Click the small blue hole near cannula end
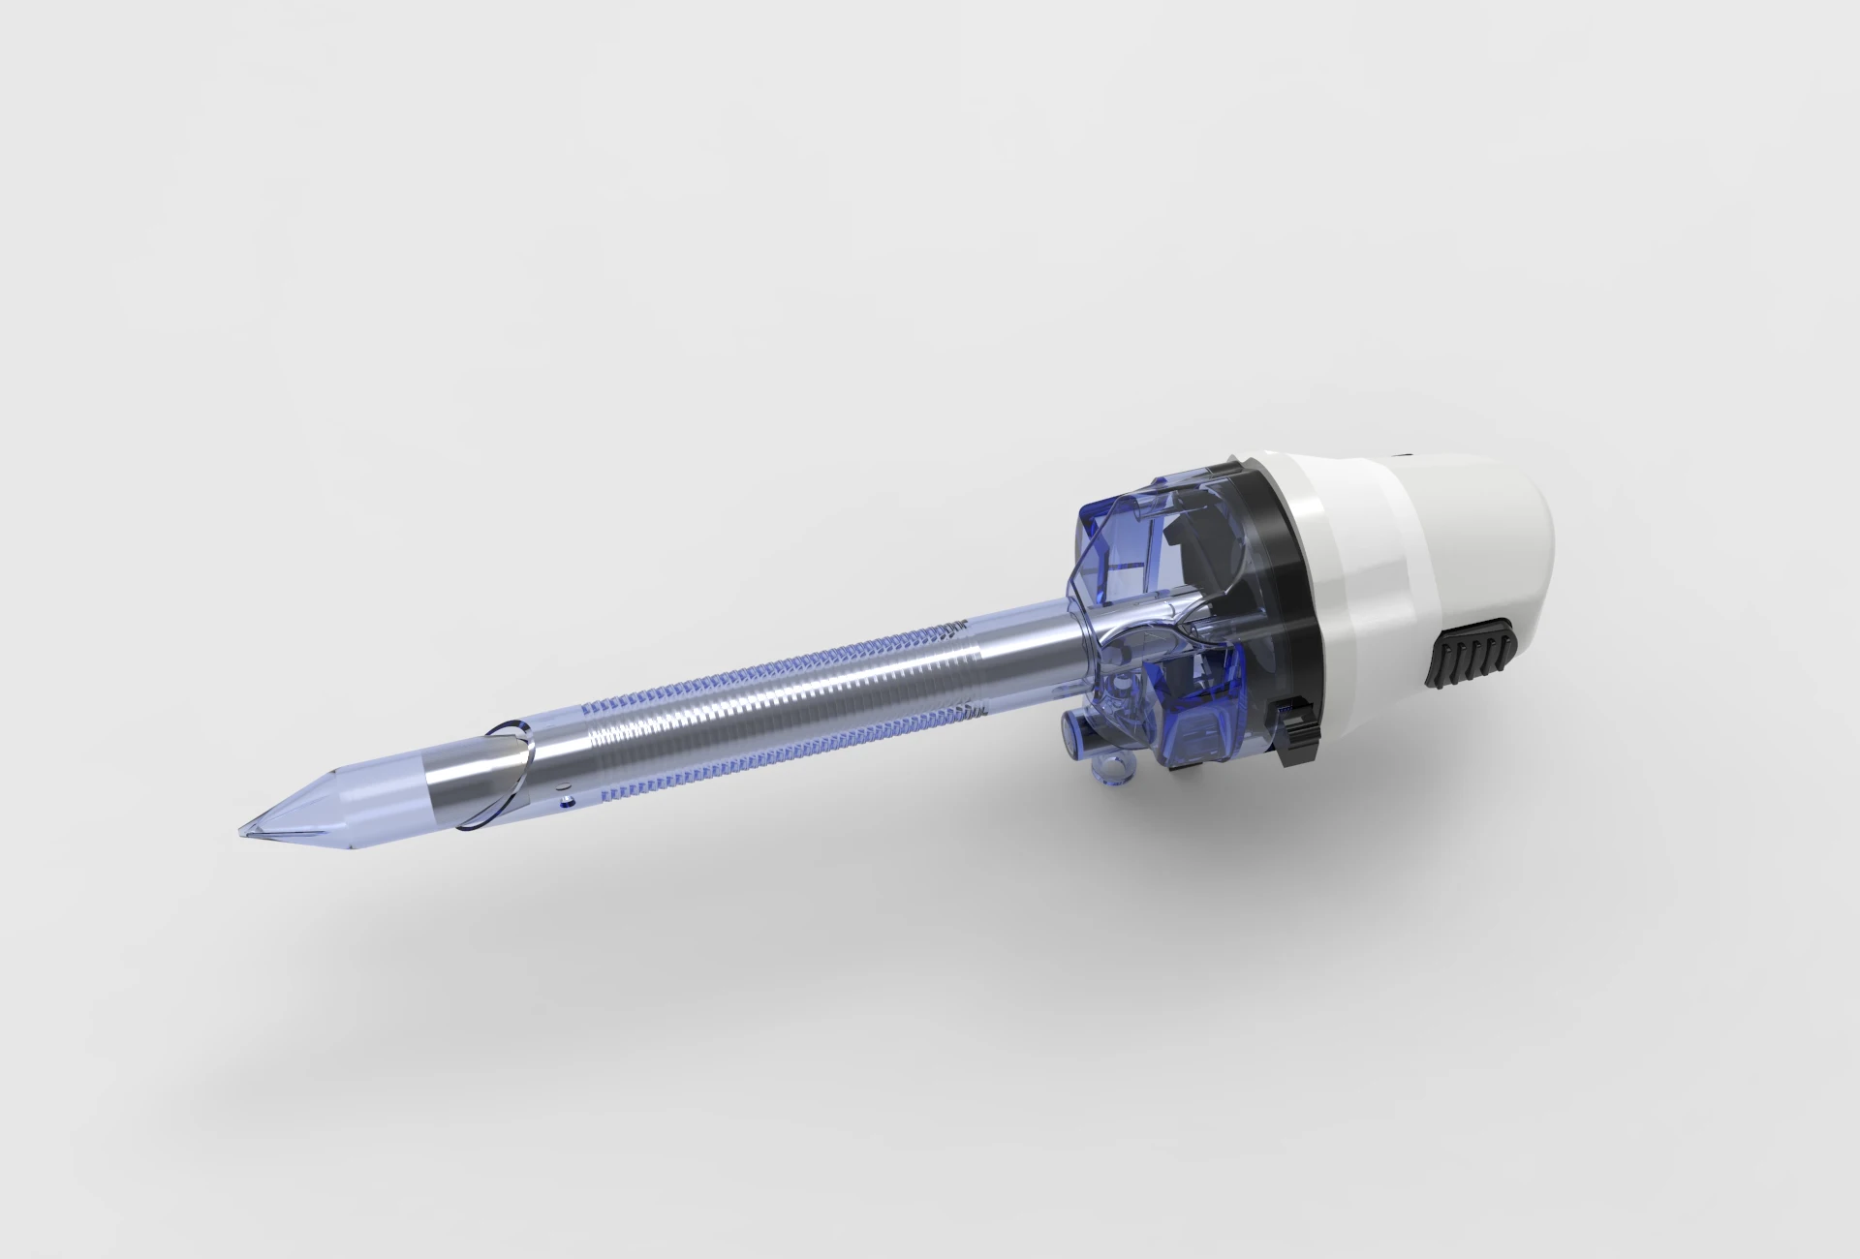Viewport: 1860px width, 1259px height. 568,800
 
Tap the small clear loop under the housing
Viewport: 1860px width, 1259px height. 1114,770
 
